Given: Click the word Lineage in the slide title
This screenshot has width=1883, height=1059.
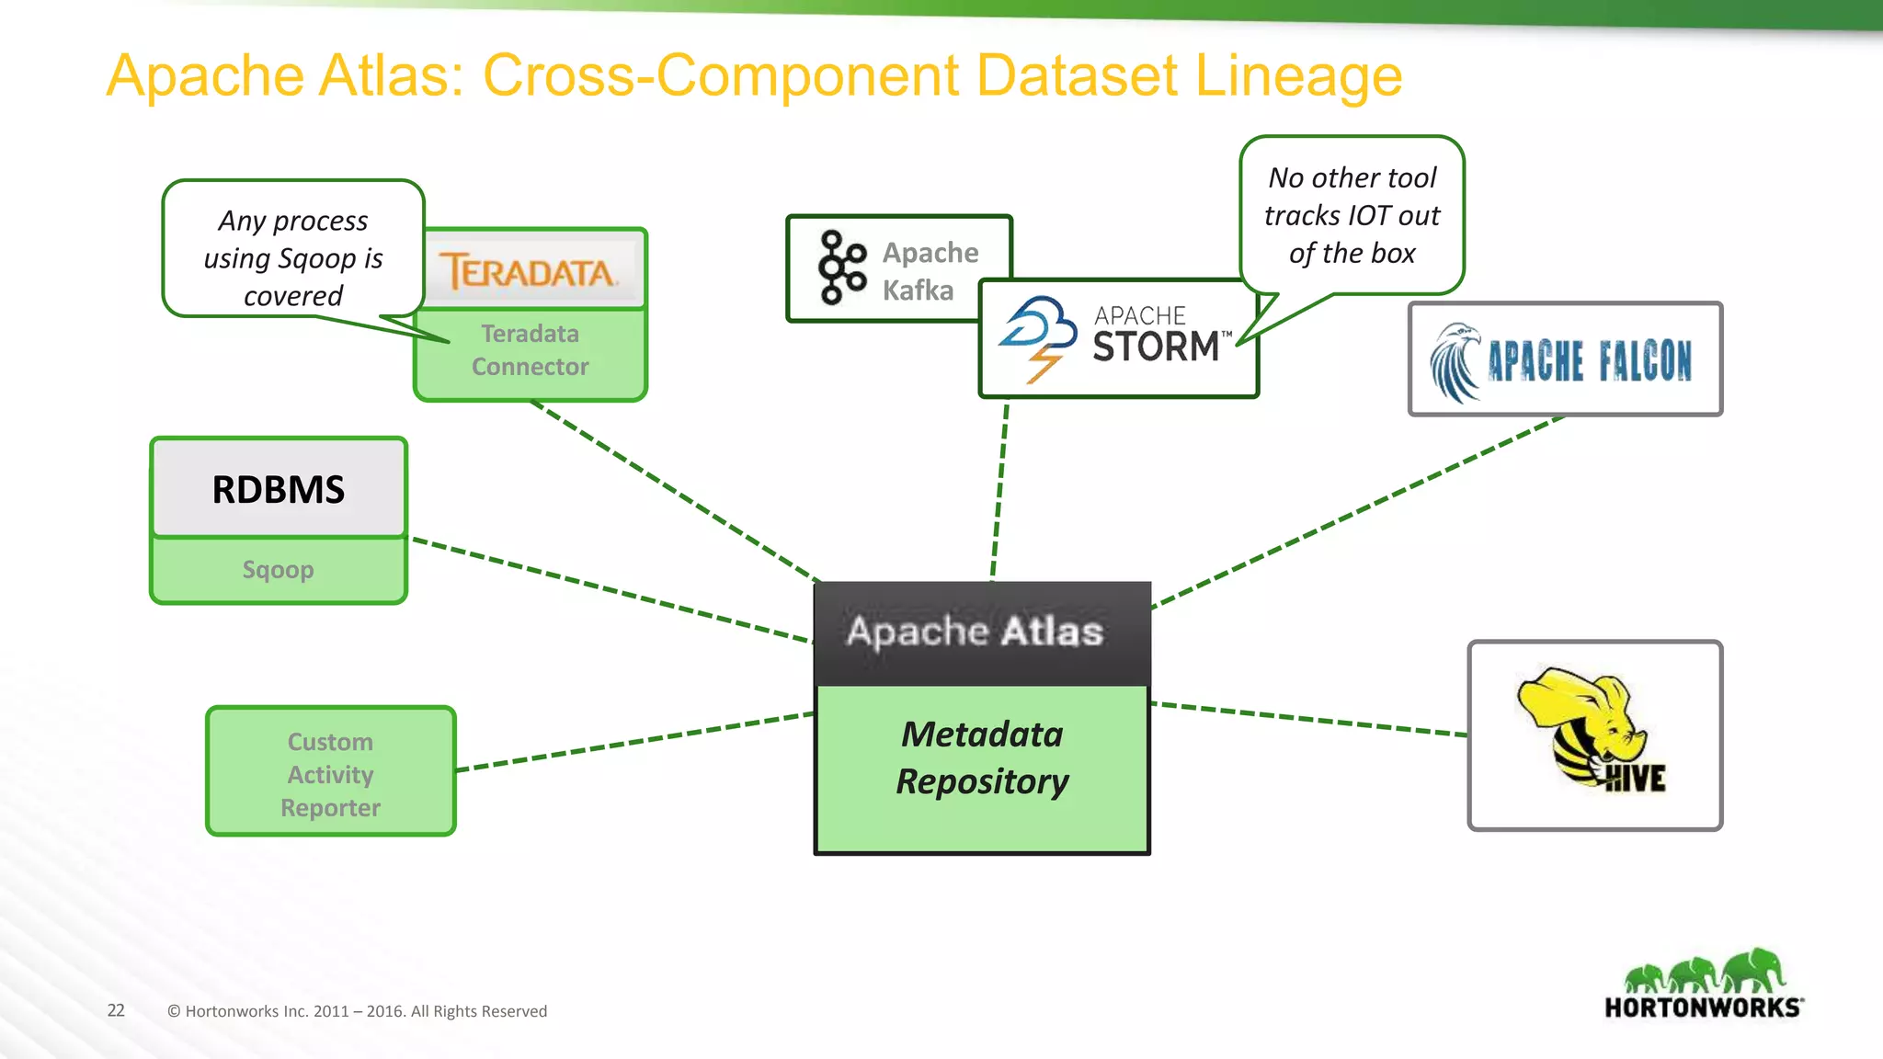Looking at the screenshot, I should [x=1297, y=77].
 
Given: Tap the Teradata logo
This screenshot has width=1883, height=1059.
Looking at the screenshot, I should [x=528, y=271].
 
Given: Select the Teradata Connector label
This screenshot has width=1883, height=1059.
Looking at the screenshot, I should [x=530, y=350].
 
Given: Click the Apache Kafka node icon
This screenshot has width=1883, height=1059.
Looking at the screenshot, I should [x=842, y=268].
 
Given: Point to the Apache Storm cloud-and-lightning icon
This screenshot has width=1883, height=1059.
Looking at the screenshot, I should [x=1039, y=336].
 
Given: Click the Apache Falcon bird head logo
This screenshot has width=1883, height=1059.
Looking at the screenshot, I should [x=1455, y=362].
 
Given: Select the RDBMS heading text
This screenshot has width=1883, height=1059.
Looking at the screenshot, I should [x=278, y=490].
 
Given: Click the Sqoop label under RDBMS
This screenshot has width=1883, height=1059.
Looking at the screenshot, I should [x=278, y=570].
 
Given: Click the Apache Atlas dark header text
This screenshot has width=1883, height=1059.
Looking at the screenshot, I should [x=975, y=632].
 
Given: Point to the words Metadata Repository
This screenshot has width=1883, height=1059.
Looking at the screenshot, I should [x=981, y=757].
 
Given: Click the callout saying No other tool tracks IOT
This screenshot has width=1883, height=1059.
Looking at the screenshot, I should [x=1351, y=215].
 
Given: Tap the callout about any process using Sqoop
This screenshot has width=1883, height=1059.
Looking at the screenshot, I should [x=292, y=257].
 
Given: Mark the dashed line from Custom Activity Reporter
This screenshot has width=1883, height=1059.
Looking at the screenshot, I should [x=634, y=741].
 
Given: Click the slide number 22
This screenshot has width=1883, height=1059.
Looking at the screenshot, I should [x=116, y=1010].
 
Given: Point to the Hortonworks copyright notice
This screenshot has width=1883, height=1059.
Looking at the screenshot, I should [x=357, y=1011].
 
